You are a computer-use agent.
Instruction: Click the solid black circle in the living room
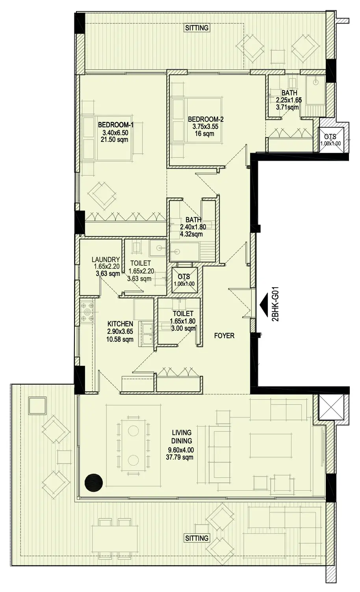point(93,483)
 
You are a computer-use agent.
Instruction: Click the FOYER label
point(224,336)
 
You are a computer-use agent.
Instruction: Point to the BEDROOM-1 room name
point(116,125)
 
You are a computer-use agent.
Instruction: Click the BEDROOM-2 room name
point(206,119)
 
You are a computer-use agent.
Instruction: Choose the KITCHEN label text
point(120,324)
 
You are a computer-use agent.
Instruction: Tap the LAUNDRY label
point(106,259)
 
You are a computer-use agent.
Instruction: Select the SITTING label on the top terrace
point(197,28)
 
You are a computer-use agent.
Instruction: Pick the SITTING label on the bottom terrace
point(197,538)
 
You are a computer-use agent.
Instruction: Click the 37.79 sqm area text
point(180,457)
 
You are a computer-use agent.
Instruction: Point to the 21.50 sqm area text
point(114,140)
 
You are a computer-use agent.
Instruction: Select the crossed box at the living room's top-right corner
point(331,407)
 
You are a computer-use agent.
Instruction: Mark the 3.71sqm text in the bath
point(288,107)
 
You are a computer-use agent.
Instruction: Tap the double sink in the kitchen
point(145,334)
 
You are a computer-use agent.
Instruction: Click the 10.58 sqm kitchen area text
point(120,339)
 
